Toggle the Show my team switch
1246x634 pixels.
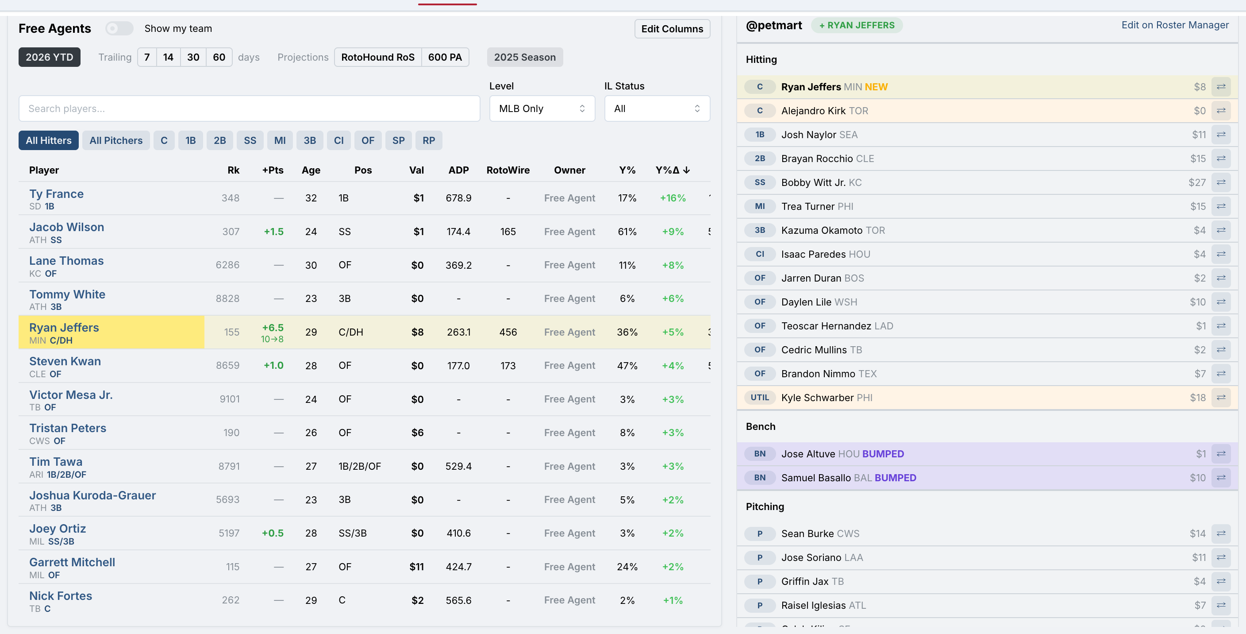119,28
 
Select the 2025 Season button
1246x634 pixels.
525,57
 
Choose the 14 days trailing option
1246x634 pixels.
168,57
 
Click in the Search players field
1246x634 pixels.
249,108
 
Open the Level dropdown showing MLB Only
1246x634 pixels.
542,108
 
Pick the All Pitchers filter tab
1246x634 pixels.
116,140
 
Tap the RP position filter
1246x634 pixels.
429,140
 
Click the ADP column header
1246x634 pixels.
458,170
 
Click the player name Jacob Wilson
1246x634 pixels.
67,227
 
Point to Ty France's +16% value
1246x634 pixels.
673,198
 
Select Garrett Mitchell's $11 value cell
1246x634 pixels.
416,567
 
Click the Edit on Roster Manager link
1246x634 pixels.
1175,25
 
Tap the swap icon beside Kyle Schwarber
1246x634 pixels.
1221,397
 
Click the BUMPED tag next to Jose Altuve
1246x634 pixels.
883,454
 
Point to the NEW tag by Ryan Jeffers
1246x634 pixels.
876,87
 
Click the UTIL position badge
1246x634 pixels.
759,397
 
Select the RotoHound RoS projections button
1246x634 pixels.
378,57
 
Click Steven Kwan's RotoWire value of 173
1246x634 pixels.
508,365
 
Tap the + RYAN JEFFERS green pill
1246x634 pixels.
857,25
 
